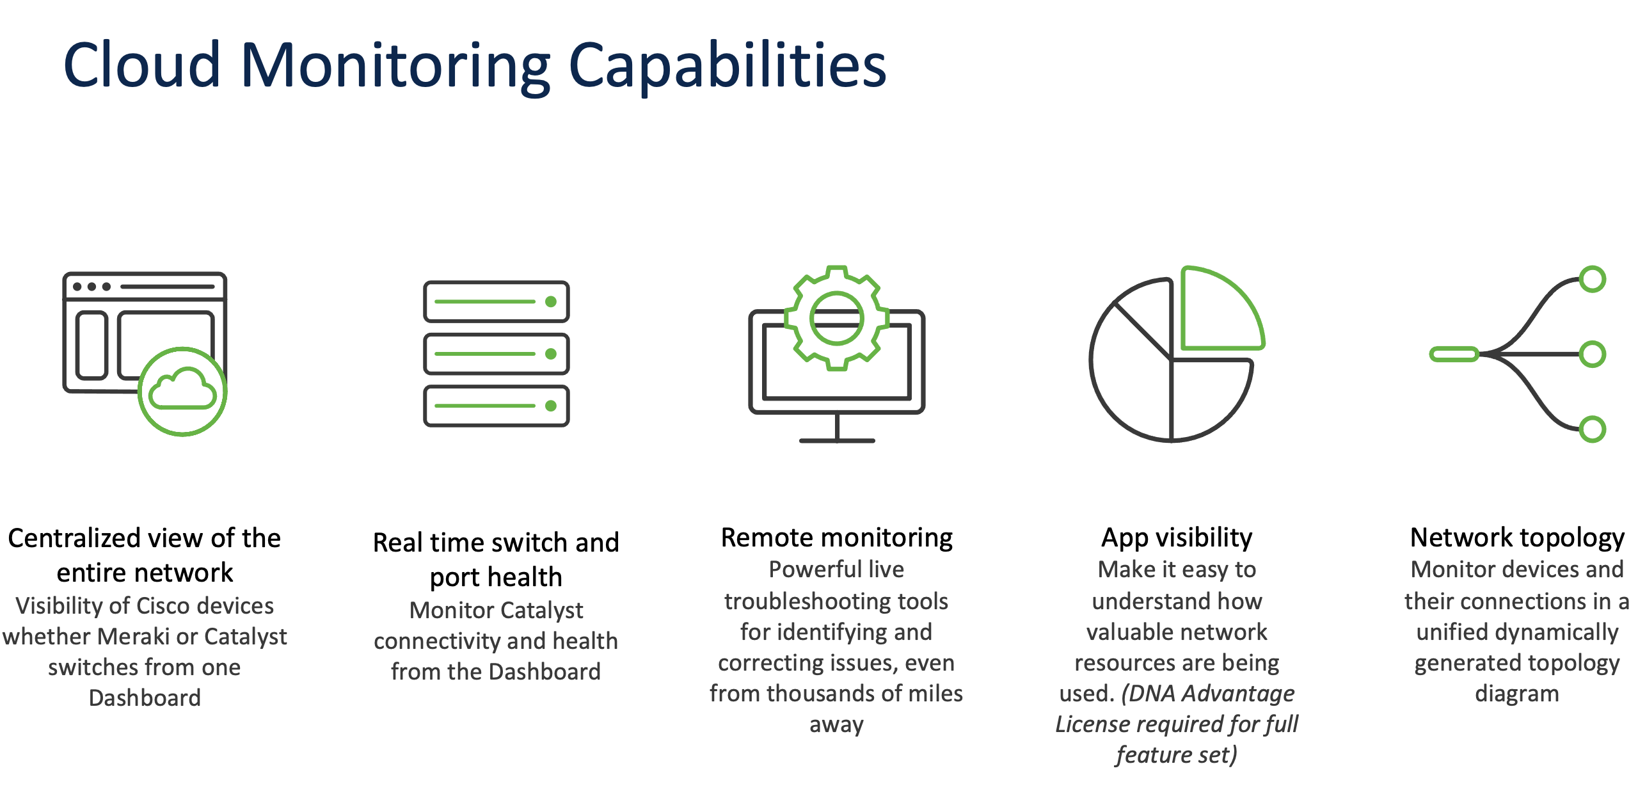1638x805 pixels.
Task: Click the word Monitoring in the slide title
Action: pos(395,65)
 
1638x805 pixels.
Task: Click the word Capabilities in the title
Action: pos(728,65)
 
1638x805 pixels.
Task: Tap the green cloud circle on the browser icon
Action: pos(183,392)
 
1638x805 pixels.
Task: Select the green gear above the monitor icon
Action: pos(836,317)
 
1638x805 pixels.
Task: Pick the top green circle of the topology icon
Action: pos(1592,280)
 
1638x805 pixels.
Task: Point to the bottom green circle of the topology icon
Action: pos(1592,429)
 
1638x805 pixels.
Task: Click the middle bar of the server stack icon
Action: pos(496,354)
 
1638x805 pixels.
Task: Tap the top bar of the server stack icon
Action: pos(496,301)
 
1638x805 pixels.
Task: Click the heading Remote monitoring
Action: pos(836,538)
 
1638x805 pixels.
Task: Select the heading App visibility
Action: pos(1177,538)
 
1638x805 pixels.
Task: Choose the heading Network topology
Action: pos(1517,538)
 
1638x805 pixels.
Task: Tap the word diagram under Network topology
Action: pos(1517,694)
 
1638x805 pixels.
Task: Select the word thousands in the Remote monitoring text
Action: pos(822,694)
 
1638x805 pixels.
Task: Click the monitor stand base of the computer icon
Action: pos(836,440)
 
